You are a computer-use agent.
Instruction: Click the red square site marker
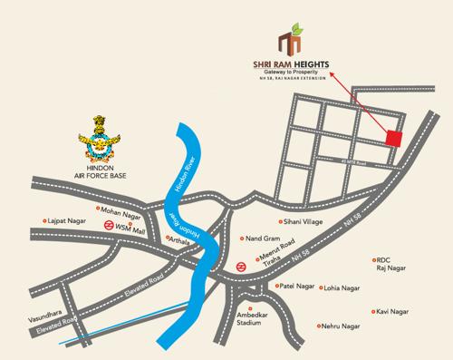(394, 138)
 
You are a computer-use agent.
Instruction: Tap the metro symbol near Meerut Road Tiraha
(241, 267)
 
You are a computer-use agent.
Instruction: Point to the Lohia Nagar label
(342, 287)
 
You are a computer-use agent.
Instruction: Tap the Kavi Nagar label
(395, 311)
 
